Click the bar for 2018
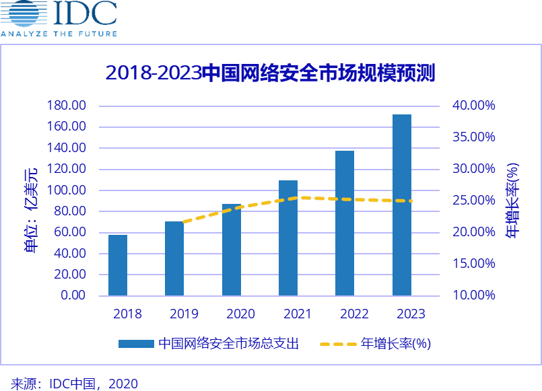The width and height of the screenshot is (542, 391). pyautogui.click(x=118, y=265)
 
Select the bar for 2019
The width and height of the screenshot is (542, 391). pyautogui.click(x=174, y=258)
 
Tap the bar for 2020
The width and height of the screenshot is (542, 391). pyautogui.click(x=232, y=250)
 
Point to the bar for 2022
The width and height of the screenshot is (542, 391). pyautogui.click(x=345, y=223)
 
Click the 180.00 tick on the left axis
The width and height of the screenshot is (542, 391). pyautogui.click(x=67, y=106)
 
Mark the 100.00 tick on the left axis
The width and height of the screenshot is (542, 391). pyautogui.click(x=67, y=190)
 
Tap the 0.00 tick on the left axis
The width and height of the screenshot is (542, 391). pyautogui.click(x=72, y=295)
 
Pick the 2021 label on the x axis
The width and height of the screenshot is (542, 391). pyautogui.click(x=298, y=314)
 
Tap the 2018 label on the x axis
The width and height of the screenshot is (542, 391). pyautogui.click(x=127, y=314)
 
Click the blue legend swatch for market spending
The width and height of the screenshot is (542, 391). pyautogui.click(x=136, y=344)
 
